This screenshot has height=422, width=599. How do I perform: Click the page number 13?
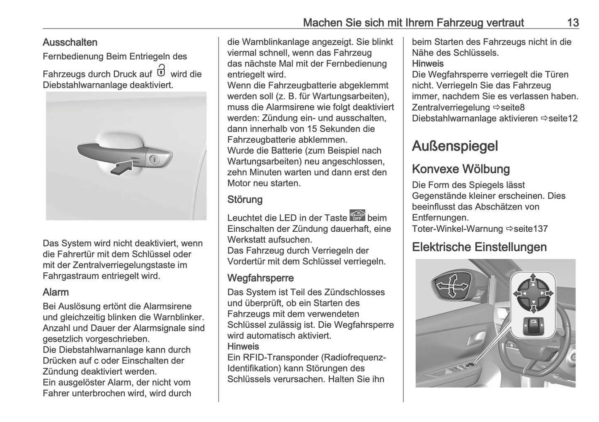coord(572,22)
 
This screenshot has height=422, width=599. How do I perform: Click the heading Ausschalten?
coord(70,42)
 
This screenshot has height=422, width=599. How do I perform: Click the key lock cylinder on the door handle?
coord(154,160)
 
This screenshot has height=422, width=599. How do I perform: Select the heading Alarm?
coord(56,292)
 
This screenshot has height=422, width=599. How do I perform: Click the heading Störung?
coord(245,199)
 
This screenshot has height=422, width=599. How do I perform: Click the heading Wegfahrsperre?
coord(260,278)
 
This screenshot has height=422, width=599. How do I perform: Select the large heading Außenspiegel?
coord(455,146)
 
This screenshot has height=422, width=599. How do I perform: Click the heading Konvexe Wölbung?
coord(461,169)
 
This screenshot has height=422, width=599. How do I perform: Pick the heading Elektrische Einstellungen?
coord(479,247)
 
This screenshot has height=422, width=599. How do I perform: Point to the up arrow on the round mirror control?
coord(533,277)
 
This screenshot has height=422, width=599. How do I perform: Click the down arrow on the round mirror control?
coord(533,309)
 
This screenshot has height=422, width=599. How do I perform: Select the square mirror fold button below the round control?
coord(533,327)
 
